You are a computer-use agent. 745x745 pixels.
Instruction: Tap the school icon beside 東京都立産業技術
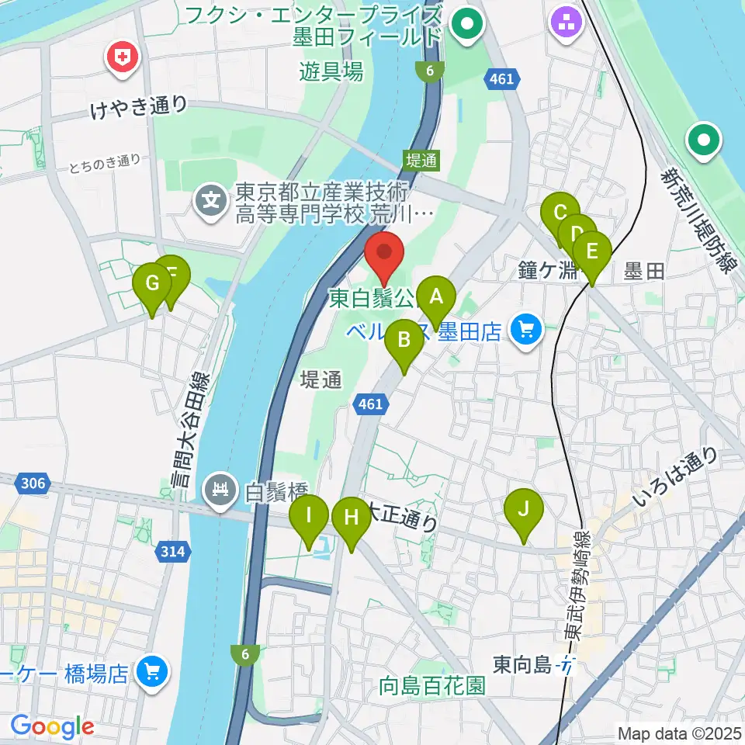[210, 201]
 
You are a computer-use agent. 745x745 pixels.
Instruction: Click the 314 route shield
[174, 552]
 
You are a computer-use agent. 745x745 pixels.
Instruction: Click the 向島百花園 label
[432, 686]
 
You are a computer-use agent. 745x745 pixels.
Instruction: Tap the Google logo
[52, 726]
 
